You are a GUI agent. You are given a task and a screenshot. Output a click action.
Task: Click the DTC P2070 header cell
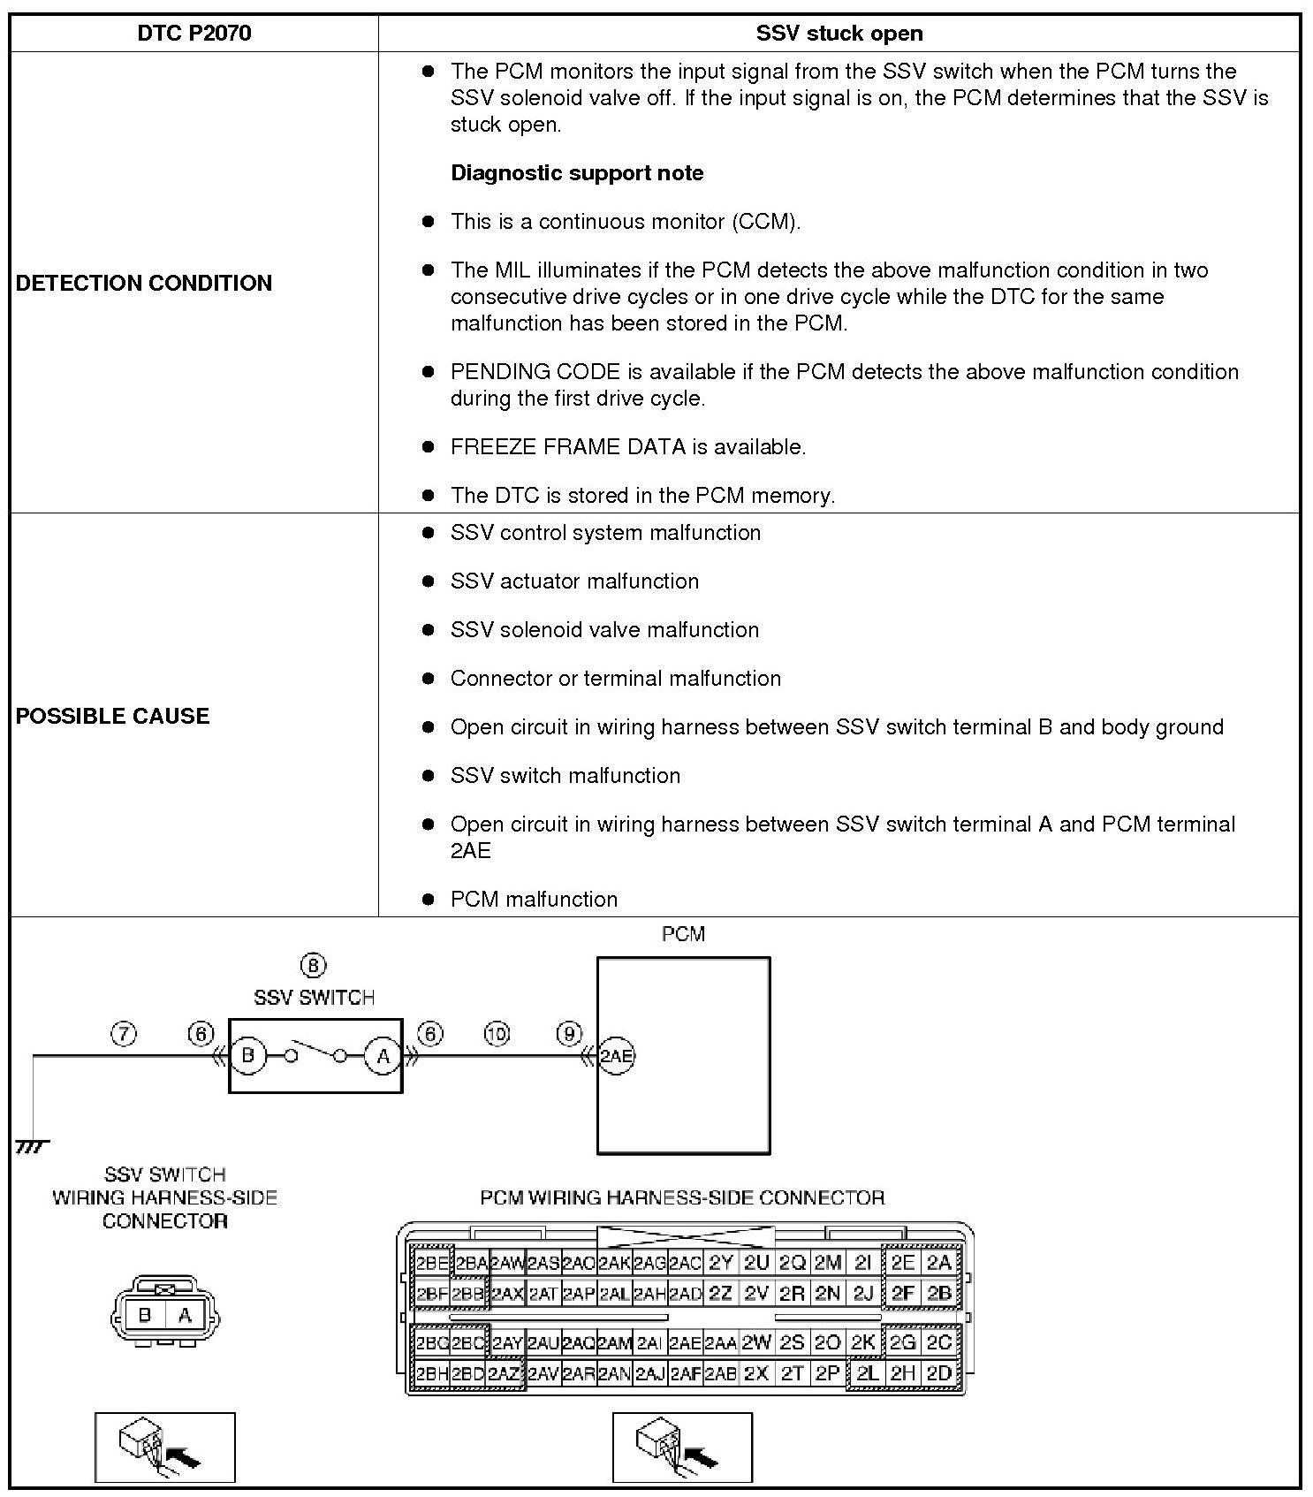point(194,34)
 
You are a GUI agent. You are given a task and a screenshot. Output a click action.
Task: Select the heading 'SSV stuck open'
point(839,34)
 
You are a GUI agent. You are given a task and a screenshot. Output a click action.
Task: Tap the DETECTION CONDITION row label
point(144,283)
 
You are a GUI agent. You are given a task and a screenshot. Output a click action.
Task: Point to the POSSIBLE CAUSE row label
point(113,716)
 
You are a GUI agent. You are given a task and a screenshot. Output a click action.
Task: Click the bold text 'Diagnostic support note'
point(577,172)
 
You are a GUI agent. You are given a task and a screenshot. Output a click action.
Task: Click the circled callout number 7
point(124,1034)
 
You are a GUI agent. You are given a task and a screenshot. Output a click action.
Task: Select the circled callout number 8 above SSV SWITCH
point(313,966)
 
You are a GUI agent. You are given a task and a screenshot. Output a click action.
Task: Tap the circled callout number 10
point(497,1034)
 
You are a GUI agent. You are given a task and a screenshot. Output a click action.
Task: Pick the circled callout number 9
point(570,1034)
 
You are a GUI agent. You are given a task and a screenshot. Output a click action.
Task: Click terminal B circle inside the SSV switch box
point(248,1055)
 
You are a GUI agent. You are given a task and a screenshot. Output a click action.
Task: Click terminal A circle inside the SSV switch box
point(383,1055)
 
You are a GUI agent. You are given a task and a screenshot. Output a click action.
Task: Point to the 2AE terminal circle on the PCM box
point(616,1055)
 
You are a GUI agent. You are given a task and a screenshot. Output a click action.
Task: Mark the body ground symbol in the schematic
point(32,1147)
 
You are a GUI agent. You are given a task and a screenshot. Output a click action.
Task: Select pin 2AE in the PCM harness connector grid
point(685,1343)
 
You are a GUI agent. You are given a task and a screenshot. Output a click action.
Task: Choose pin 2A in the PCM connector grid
point(938,1263)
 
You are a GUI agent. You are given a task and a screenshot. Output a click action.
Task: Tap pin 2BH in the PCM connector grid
point(432,1374)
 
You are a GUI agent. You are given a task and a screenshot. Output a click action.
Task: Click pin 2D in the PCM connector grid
point(938,1374)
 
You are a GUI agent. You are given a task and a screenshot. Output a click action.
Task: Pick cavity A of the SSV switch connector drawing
point(185,1315)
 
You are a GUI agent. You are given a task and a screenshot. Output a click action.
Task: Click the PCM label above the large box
point(683,934)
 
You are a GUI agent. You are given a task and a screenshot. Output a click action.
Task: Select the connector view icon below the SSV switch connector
point(165,1447)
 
